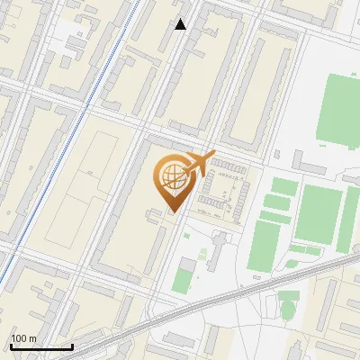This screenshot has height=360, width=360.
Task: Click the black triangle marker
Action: click(x=181, y=24)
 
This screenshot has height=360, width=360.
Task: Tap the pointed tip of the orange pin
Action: click(x=174, y=212)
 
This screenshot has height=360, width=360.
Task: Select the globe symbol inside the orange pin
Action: click(x=174, y=180)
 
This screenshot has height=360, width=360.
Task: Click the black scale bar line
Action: click(x=41, y=346)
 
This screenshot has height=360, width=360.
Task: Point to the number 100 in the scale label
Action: click(x=19, y=339)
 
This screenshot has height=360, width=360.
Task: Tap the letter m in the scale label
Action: click(x=32, y=339)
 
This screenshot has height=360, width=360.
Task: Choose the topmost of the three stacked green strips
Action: click(x=284, y=187)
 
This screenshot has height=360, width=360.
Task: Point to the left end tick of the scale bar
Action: click(x=11, y=346)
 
